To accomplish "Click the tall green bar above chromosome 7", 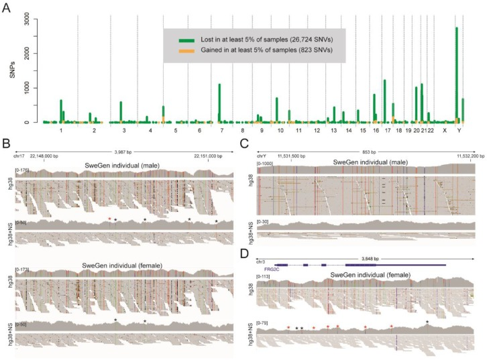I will tap(219, 103).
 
